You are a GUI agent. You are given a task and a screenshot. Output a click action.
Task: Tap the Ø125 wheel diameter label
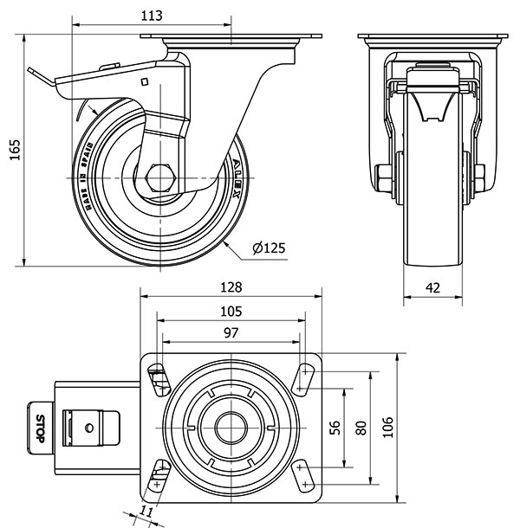coord(269,248)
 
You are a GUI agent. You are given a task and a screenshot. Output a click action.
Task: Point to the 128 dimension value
coord(231,287)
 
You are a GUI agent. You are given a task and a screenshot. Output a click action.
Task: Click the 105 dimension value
coord(231,311)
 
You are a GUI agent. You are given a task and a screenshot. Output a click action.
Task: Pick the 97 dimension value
coord(231,332)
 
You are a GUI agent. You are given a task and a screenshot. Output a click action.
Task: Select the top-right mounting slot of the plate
coord(306,377)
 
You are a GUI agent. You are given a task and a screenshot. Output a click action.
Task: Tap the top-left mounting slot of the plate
coord(159,377)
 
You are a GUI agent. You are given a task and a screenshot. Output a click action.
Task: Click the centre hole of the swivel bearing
coord(231,425)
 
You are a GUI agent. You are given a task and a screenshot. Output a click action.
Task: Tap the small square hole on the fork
coord(145,83)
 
